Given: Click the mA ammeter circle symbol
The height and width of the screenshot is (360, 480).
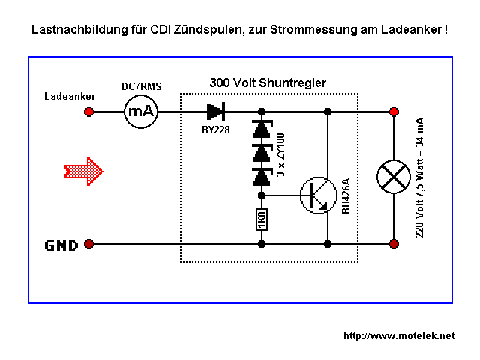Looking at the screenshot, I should [x=140, y=112].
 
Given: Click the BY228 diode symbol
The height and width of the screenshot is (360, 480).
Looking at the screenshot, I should [x=216, y=112].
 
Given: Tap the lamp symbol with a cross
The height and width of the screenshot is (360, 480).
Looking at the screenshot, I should [x=393, y=177].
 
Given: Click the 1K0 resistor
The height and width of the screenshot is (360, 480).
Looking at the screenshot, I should [x=261, y=221].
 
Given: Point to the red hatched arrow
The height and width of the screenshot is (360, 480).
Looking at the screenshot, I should [x=82, y=170].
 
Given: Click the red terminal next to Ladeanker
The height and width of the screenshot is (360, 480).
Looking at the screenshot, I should [x=89, y=112].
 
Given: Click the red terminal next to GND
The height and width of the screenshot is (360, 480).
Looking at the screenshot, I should [x=89, y=244].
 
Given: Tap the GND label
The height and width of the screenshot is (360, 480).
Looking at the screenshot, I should [x=61, y=244].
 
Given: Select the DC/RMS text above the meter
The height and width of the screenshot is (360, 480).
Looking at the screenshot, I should [x=142, y=86].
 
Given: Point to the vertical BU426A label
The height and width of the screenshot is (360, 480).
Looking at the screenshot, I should [x=346, y=197].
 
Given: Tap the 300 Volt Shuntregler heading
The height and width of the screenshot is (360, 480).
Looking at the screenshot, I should [x=268, y=82].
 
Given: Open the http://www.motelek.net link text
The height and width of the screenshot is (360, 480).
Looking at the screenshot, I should [x=399, y=335].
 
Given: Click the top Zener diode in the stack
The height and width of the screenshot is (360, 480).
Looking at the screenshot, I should [x=261, y=130].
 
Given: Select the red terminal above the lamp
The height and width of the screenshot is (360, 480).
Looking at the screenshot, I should [x=393, y=112].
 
